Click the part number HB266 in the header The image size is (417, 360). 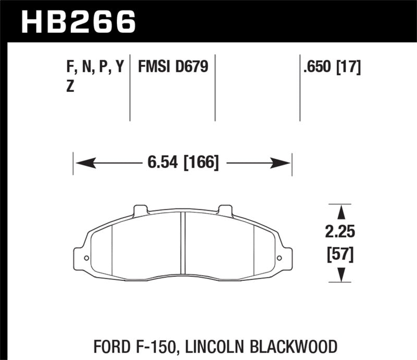click(78, 22)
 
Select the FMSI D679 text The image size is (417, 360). click(173, 67)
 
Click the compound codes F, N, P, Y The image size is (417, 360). click(94, 67)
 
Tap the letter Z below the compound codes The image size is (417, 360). click(70, 88)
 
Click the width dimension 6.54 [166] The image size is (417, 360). click(182, 163)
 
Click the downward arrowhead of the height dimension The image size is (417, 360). click(341, 275)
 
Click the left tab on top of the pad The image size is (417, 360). click(141, 210)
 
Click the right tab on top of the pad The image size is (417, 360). click(225, 210)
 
